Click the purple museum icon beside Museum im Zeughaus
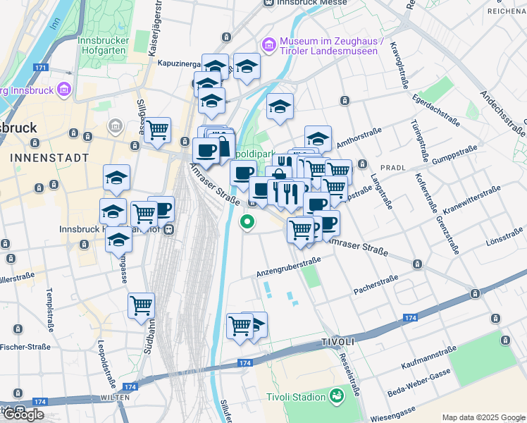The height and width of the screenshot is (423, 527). click(x=268, y=45)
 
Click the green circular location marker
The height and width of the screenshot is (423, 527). click(x=247, y=223)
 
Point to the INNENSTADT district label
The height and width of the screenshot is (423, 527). click(x=50, y=157)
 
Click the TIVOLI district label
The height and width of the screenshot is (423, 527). click(x=337, y=341)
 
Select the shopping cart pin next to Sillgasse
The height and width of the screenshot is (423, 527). click(x=158, y=130)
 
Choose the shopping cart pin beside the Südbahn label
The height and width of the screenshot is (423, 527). click(x=141, y=306)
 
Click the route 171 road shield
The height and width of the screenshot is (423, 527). click(x=40, y=68)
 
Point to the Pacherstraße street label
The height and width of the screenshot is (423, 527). click(x=376, y=283)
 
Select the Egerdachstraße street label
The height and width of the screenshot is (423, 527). click(x=436, y=110)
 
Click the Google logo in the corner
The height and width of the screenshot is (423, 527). click(x=23, y=415)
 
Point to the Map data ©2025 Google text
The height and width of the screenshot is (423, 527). click(x=483, y=417)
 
